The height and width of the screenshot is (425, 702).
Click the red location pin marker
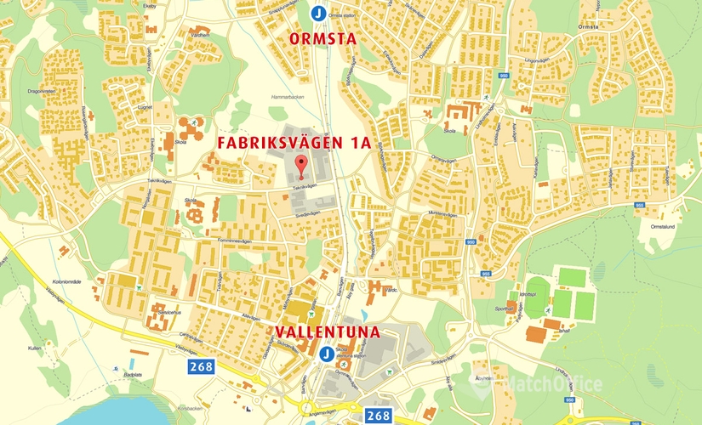299,165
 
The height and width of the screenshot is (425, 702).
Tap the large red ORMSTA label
322,39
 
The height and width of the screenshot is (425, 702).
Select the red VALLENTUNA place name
327,331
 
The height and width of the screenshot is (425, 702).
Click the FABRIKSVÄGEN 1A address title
294,142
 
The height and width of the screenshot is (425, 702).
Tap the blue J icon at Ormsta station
317,14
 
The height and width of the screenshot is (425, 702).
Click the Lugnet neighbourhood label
144,108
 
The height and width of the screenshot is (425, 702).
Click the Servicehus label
167,312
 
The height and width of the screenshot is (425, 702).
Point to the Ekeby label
151,5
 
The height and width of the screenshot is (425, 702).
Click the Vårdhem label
200,35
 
